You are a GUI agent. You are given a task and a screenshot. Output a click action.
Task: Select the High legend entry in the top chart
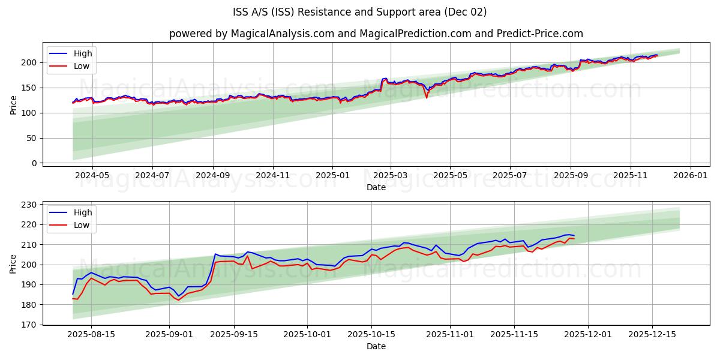point(83,54)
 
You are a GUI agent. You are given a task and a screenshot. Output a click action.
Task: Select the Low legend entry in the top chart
point(82,66)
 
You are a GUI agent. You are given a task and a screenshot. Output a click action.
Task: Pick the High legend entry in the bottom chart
point(83,212)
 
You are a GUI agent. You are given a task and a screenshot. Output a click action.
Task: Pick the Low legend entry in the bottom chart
point(82,225)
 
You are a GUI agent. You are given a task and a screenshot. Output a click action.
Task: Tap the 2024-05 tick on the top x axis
point(92,176)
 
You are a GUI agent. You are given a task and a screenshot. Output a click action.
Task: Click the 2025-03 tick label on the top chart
point(391,176)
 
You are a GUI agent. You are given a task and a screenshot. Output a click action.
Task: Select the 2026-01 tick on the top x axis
point(690,176)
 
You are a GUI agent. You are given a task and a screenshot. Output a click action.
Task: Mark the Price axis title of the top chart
point(13,105)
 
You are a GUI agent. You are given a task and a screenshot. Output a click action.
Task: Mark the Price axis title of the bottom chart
point(13,264)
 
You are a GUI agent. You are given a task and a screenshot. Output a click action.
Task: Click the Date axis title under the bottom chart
point(376,346)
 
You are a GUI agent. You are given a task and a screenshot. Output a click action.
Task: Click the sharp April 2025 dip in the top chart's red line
point(427,97)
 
